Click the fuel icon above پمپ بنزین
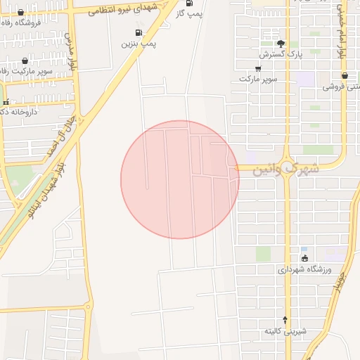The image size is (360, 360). tap(138, 32)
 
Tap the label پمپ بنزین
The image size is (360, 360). tap(139, 44)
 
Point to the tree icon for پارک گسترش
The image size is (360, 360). tap(281, 43)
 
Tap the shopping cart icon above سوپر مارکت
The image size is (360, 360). tap(258, 68)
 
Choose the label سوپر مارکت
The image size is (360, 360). tap(258, 79)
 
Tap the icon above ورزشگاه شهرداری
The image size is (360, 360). tap(304, 258)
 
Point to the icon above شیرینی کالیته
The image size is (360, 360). tap(285, 320)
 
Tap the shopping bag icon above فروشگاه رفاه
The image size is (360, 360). tap(20, 12)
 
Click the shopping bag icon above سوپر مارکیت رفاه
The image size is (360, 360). tap(25, 61)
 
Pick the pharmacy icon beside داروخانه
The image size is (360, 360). tap(6, 103)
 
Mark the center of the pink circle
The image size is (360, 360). tap(180, 180)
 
